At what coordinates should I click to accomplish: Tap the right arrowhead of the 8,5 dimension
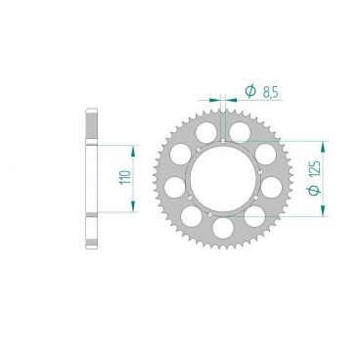coord(231,100)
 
